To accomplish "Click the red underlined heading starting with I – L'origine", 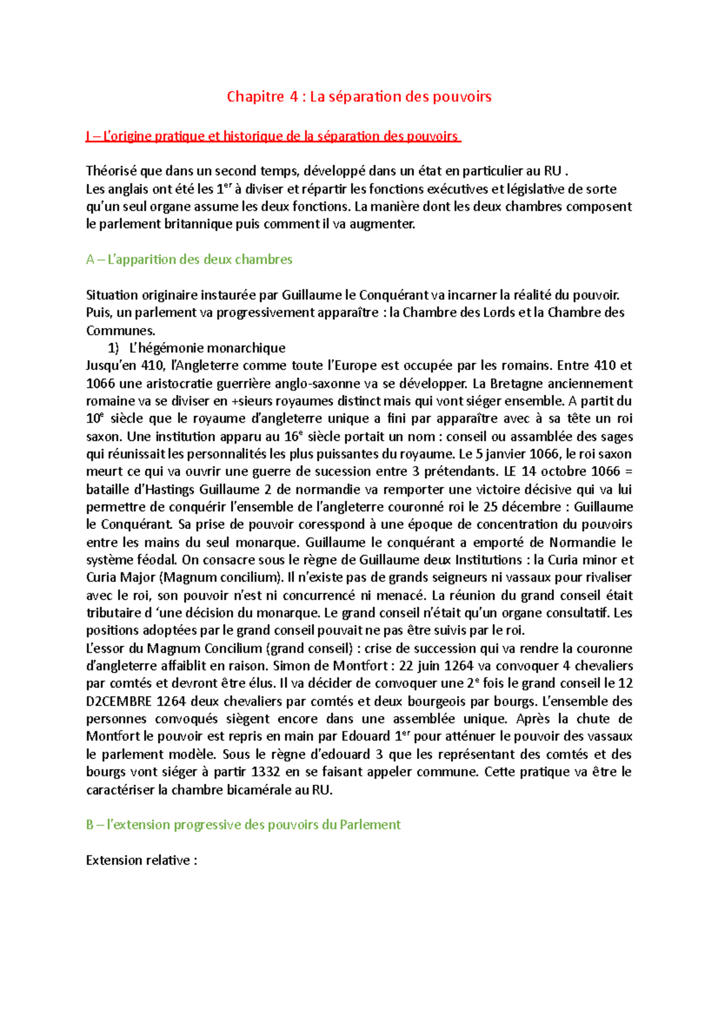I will pyautogui.click(x=272, y=136).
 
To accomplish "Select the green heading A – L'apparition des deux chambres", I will pyautogui.click(x=189, y=259).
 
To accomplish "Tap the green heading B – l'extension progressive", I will pyautogui.click(x=243, y=825).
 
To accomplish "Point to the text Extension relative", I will pyautogui.click(x=141, y=860).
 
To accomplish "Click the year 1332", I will pyautogui.click(x=266, y=772).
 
